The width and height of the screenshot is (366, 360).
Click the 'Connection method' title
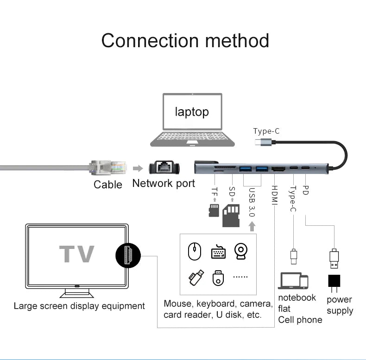coord(185,40)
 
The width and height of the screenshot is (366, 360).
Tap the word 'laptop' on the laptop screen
coord(191,112)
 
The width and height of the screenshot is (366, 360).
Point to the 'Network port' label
coord(164,183)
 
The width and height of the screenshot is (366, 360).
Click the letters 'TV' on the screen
coord(76,254)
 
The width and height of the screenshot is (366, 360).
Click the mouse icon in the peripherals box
coord(195,252)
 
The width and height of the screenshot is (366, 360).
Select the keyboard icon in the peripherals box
coord(218,252)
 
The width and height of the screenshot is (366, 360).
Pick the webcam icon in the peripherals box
coord(241,252)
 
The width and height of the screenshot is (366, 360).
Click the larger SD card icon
coord(231,215)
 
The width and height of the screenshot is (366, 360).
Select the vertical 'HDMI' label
coord(274,196)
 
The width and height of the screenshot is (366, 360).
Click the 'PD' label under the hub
coord(305,190)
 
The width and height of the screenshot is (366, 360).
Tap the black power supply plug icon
coord(334,281)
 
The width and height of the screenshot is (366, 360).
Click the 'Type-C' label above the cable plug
coord(266,131)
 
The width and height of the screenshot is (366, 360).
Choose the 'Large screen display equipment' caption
coord(79,306)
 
